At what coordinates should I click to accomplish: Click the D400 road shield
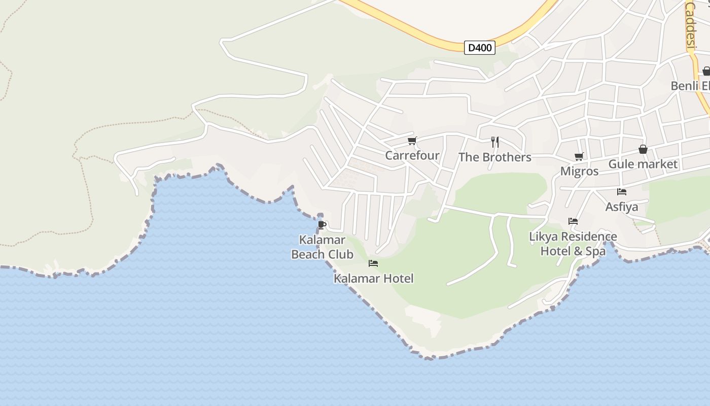click(x=479, y=48)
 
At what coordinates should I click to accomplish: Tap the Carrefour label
click(x=412, y=155)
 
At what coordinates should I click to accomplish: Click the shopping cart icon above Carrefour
click(x=412, y=141)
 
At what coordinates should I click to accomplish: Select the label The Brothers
click(x=495, y=157)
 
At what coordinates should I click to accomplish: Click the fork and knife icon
click(x=495, y=142)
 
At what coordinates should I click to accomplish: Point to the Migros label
click(x=579, y=172)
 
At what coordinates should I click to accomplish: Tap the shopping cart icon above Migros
click(x=579, y=157)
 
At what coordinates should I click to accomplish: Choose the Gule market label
click(x=643, y=164)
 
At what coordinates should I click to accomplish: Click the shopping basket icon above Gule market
click(x=643, y=149)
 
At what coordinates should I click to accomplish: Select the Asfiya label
click(x=622, y=207)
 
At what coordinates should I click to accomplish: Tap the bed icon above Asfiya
click(x=622, y=192)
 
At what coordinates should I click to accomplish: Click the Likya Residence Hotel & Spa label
click(x=573, y=244)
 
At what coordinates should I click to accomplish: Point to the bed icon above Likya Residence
click(x=573, y=221)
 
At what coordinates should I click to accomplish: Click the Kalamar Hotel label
click(x=374, y=278)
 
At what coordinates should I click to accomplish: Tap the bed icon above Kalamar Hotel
click(x=373, y=263)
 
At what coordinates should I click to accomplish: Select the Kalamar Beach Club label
click(x=322, y=247)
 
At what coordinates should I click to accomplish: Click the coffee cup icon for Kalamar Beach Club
click(x=322, y=224)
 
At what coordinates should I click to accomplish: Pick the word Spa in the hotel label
click(x=596, y=251)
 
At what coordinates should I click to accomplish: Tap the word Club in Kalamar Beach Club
click(x=340, y=254)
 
